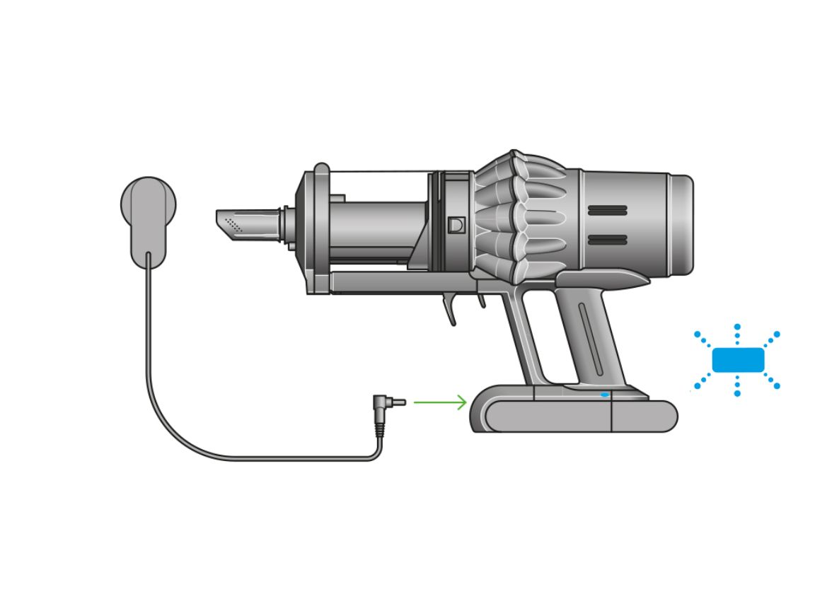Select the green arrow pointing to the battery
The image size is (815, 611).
click(x=440, y=402)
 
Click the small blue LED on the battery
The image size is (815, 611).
click(x=604, y=395)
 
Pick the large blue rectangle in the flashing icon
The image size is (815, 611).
click(x=738, y=360)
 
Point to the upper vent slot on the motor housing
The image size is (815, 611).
click(x=607, y=211)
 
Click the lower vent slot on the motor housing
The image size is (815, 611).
click(x=607, y=240)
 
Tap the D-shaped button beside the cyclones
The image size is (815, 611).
click(x=456, y=225)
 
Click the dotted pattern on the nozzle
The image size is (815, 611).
click(x=233, y=225)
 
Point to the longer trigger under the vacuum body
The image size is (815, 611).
click(x=450, y=310)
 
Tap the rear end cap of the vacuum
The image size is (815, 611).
click(x=681, y=224)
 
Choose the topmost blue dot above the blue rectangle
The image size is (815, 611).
click(x=737, y=327)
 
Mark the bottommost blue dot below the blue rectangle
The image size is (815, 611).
click(x=737, y=393)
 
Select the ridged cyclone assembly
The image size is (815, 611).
click(x=516, y=216)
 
